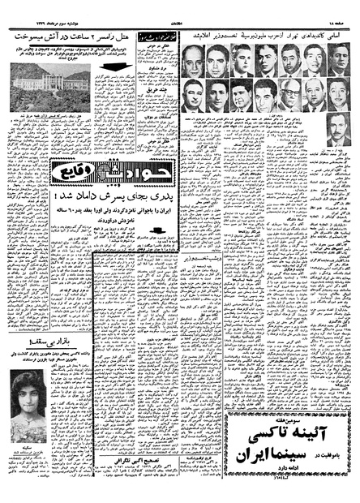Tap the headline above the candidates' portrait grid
267,37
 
